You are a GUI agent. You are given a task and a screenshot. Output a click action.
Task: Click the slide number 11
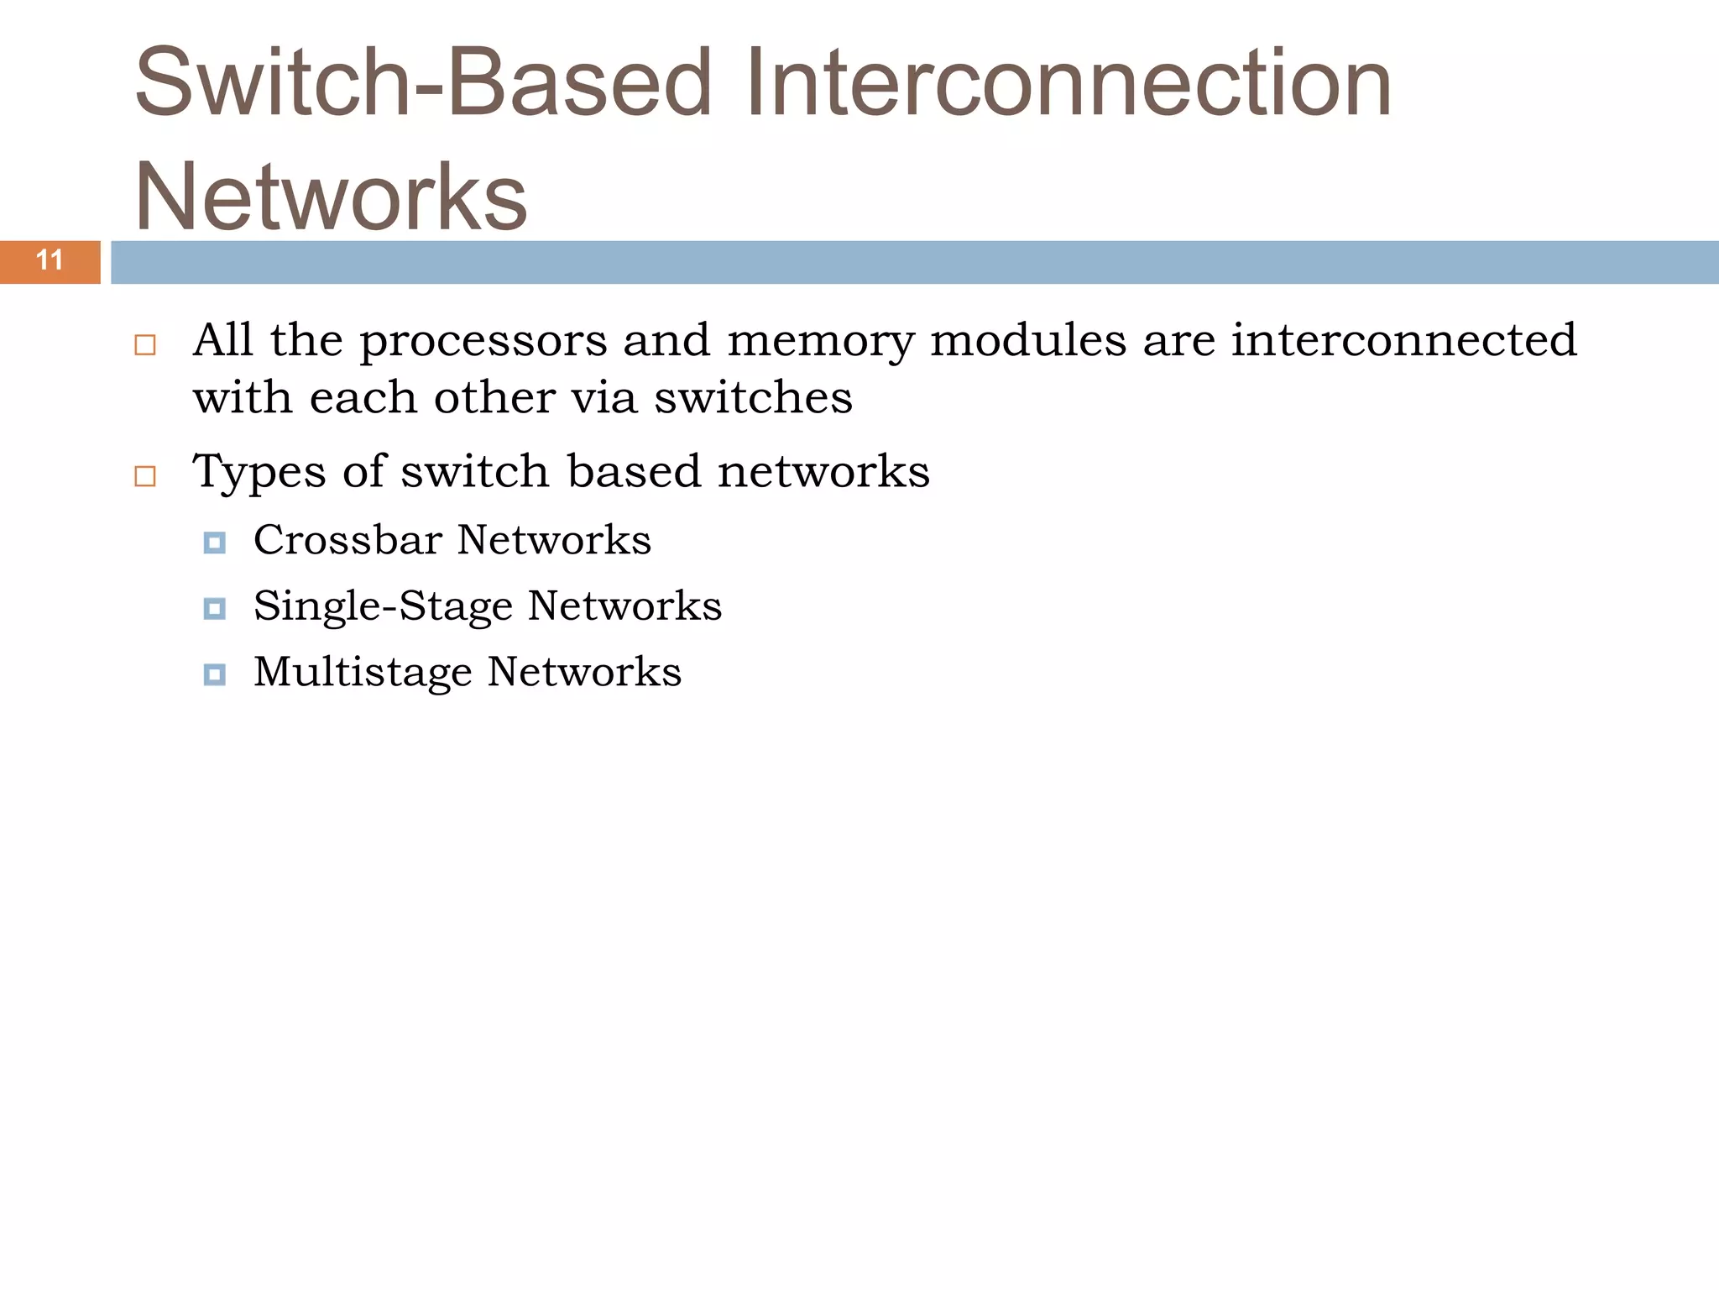(x=50, y=260)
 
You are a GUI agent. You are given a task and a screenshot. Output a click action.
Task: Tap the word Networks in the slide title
(x=331, y=197)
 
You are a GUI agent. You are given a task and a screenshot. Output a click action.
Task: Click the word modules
(x=1028, y=340)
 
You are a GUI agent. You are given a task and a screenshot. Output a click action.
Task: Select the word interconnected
(x=1404, y=340)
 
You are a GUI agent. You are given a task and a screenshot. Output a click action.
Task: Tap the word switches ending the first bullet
(x=753, y=397)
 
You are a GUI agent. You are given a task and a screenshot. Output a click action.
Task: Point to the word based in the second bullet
(x=634, y=470)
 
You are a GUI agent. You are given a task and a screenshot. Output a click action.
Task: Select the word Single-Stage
(x=383, y=606)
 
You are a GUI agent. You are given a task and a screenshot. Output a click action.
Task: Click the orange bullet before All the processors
(x=145, y=345)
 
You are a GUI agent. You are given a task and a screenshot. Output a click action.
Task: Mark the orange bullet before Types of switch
(x=145, y=476)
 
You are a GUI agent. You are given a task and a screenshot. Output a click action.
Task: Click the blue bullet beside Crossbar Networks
(x=215, y=543)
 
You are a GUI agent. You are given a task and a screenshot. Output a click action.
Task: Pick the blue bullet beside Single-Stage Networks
(x=215, y=609)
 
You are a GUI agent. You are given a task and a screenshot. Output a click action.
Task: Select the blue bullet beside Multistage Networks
(x=215, y=674)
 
